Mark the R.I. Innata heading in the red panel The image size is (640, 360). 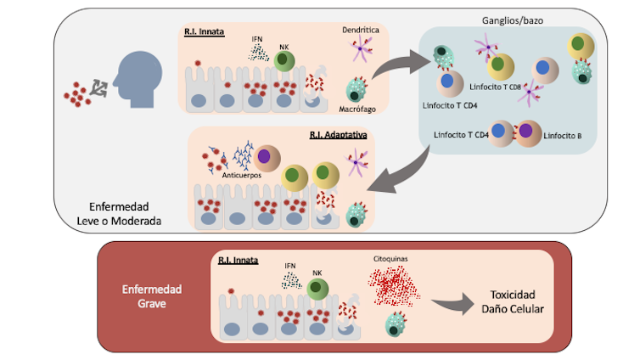tap(238, 259)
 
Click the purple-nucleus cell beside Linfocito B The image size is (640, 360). tap(525, 134)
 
